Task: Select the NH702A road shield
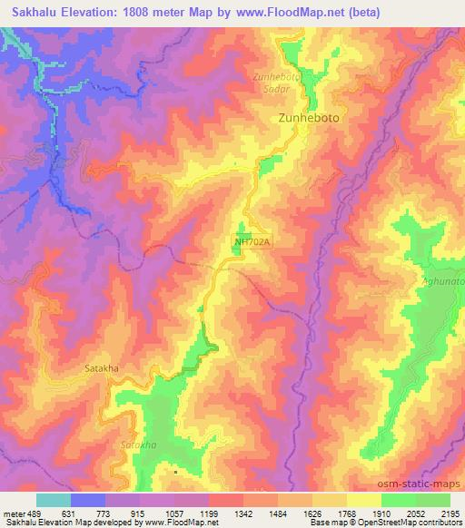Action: click(252, 242)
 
